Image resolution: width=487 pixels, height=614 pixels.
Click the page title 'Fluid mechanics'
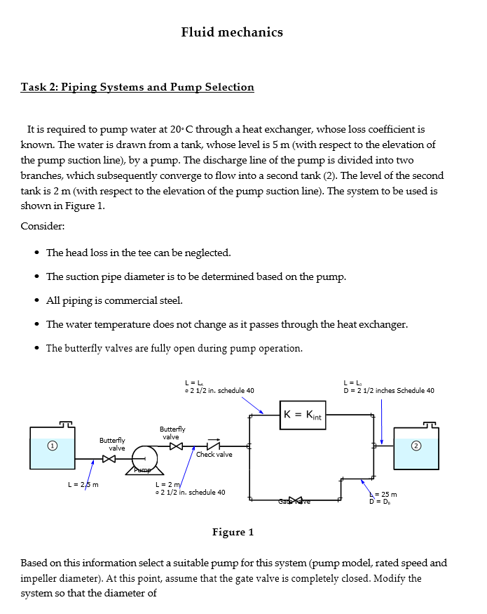tap(232, 32)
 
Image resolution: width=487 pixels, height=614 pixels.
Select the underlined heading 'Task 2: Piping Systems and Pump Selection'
tap(137, 87)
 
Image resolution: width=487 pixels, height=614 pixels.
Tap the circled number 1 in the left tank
tap(50, 446)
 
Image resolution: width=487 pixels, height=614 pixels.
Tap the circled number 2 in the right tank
tap(416, 446)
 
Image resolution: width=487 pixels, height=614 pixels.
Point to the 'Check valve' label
tap(214, 455)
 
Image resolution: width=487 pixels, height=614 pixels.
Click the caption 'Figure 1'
tap(233, 532)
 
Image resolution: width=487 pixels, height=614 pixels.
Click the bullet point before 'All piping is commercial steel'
tap(36, 301)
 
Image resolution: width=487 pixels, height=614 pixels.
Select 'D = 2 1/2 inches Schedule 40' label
tap(388, 390)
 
